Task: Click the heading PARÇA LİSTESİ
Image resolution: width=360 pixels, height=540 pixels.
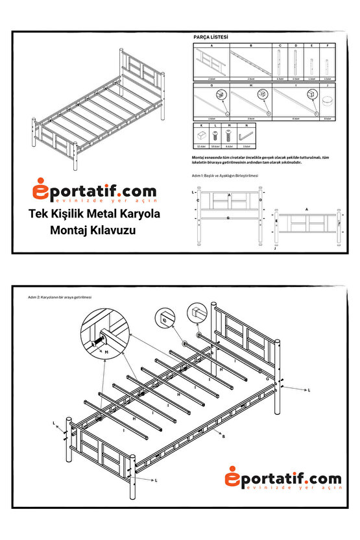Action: pyautogui.click(x=211, y=38)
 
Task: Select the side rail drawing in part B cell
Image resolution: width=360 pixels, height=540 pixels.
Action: pyautogui.click(x=250, y=63)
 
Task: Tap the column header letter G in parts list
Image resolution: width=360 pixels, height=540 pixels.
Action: pyautogui.click(x=213, y=85)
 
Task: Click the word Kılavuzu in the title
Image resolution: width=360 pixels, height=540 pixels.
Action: pyautogui.click(x=115, y=230)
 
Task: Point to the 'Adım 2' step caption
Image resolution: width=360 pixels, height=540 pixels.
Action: pyautogui.click(x=60, y=297)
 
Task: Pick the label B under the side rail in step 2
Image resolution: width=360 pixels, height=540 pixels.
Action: pyautogui.click(x=222, y=437)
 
